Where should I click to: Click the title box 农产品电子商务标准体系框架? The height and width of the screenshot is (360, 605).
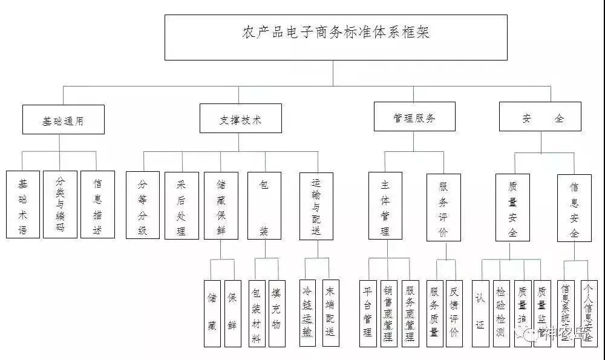coord(336,37)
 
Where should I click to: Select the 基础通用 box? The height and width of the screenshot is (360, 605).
coord(64,119)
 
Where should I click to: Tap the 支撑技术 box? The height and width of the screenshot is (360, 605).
coord(240,118)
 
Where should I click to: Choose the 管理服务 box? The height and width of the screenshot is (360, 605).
coord(414,116)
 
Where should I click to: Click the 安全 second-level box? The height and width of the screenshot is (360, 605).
coord(540,117)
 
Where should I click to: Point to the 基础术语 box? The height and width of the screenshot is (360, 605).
coord(23,204)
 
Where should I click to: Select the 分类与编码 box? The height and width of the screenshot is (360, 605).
coord(60,204)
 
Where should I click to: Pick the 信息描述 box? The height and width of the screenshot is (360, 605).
coord(97,204)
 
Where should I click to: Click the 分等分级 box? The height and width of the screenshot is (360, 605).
coord(143,205)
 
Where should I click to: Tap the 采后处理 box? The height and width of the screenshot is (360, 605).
coord(181,205)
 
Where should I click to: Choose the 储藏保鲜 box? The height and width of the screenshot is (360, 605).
coord(221,205)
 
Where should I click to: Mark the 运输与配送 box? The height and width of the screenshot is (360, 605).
coord(316,205)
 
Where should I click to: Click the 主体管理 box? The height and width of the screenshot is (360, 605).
coord(385,205)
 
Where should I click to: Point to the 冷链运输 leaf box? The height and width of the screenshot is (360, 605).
coord(308,312)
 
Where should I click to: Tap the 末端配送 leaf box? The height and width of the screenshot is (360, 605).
coord(330,312)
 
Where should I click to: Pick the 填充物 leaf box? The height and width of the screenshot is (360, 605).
coord(276,312)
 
